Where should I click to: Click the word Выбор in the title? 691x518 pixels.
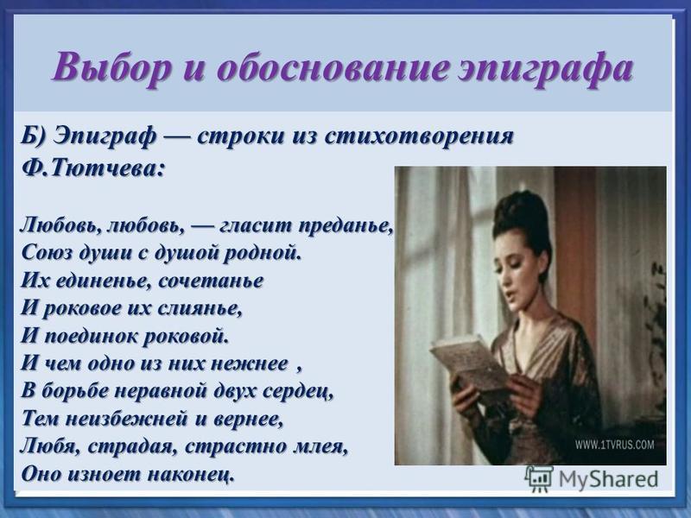(x=111, y=68)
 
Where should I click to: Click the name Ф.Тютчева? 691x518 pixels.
(x=93, y=168)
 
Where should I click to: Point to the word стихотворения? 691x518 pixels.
(x=419, y=137)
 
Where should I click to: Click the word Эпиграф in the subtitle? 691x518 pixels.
(x=105, y=136)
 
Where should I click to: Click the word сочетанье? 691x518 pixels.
(x=211, y=281)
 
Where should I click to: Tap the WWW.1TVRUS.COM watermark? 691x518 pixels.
(x=614, y=444)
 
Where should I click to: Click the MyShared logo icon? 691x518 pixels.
(x=539, y=478)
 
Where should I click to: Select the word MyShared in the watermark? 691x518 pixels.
(x=608, y=479)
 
